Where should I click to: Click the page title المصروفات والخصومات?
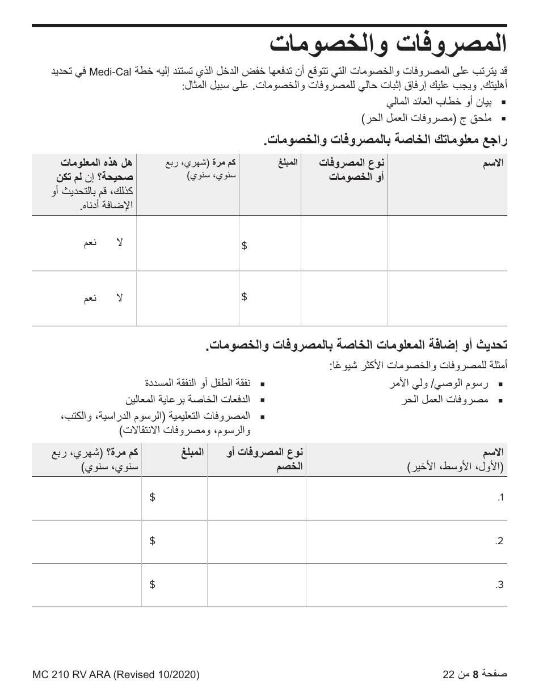[387, 44]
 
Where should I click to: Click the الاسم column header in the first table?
[492, 163]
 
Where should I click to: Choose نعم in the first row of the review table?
[90, 243]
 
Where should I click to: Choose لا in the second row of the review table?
[119, 298]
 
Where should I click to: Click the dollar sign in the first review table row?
[244, 245]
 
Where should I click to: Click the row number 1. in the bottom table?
[500, 498]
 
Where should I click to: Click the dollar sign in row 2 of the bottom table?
[152, 541]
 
